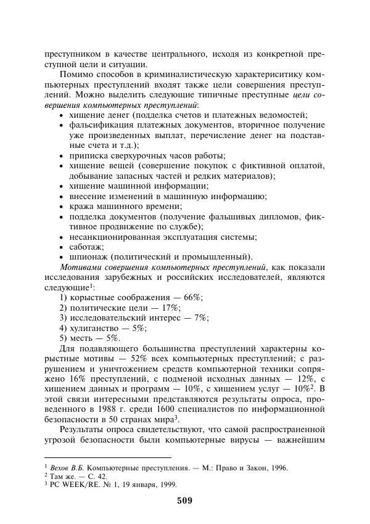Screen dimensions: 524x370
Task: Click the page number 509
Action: pyautogui.click(x=184, y=500)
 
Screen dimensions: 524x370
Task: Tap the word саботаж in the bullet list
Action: pyautogui.click(x=86, y=246)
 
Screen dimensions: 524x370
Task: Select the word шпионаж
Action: pyautogui.click(x=89, y=256)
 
